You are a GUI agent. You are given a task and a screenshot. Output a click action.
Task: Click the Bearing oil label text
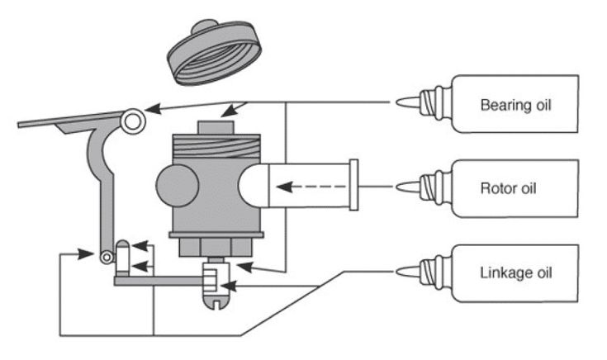tap(515, 105)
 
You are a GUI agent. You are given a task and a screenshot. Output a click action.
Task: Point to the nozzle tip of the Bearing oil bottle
tap(398, 102)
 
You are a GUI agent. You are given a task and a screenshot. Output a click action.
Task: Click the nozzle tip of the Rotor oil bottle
tap(398, 187)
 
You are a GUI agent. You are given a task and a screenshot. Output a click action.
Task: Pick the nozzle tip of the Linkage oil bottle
tap(398, 270)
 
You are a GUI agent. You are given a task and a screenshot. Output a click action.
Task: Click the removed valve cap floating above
tap(212, 50)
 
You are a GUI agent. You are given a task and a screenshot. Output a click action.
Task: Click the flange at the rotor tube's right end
tap(353, 187)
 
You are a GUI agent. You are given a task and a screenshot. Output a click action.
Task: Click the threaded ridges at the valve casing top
tap(219, 149)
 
